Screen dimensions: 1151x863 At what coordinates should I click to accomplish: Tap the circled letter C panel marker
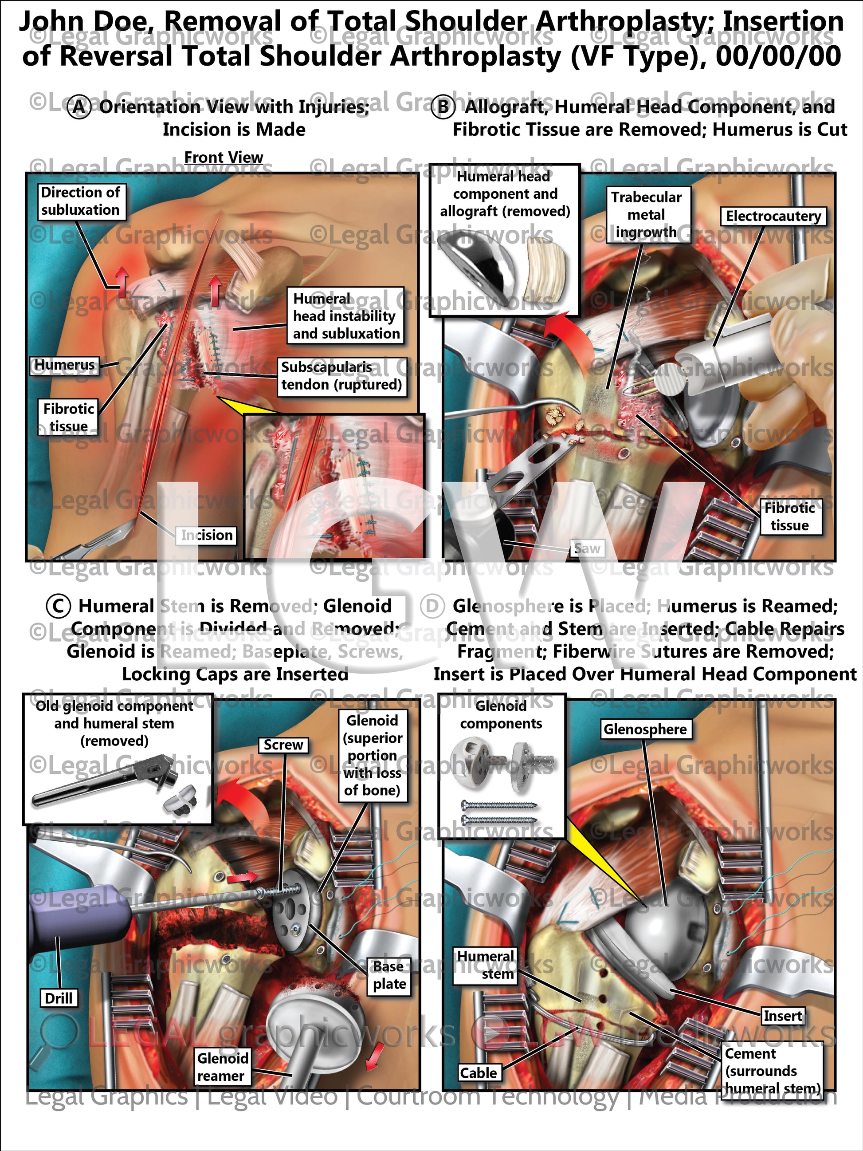click(58, 606)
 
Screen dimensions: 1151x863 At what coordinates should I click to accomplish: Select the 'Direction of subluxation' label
click(81, 201)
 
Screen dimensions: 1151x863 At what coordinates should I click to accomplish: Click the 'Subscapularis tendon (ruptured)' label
click(341, 376)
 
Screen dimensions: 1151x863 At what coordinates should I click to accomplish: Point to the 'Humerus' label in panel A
click(65, 365)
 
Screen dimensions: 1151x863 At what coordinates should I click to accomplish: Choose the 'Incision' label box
click(207, 535)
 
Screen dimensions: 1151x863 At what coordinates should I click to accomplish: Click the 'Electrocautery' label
click(773, 216)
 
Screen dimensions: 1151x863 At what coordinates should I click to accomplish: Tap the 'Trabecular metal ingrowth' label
click(646, 214)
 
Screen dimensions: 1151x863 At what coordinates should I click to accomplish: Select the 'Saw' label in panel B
click(587, 548)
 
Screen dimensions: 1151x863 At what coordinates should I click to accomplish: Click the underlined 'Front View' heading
click(224, 157)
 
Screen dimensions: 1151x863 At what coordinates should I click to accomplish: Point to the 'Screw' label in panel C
click(283, 745)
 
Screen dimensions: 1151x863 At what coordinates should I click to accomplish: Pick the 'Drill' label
click(59, 998)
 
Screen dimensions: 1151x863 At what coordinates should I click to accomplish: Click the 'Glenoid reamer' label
click(222, 1067)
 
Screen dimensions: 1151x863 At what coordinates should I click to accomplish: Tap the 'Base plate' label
click(388, 975)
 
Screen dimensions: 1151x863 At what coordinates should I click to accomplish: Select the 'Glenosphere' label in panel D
click(645, 729)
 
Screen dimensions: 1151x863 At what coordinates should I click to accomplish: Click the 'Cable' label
click(478, 1073)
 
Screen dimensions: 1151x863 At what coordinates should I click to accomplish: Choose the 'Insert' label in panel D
click(782, 1016)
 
